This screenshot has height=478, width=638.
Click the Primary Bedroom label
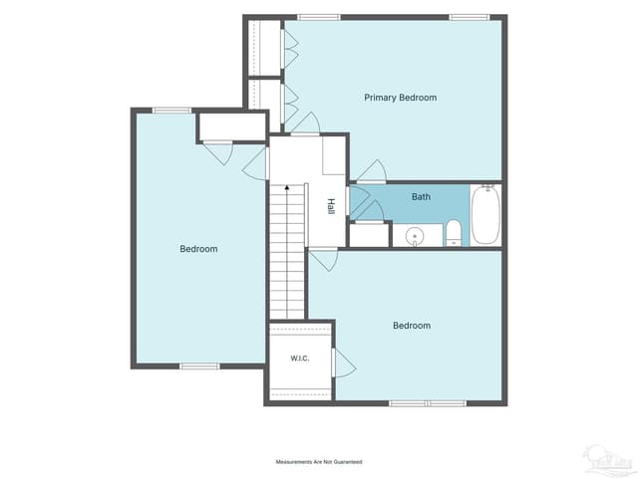tap(401, 98)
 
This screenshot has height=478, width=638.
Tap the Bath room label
tap(421, 197)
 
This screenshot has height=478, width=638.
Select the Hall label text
tap(331, 206)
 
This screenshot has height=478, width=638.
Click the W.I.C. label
tap(300, 358)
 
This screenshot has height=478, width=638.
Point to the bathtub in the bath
tap(485, 215)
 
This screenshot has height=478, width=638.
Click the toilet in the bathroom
tap(454, 233)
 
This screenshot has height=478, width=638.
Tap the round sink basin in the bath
tap(415, 236)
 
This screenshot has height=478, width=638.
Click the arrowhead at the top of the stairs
tap(287, 187)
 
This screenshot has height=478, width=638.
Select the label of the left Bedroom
tap(198, 249)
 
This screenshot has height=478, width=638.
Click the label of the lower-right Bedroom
tap(412, 326)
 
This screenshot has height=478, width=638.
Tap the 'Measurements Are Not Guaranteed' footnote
tap(319, 462)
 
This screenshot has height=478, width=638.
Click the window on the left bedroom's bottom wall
tap(199, 366)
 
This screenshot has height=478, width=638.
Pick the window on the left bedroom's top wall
tap(171, 111)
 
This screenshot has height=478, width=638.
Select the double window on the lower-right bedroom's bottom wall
tap(428, 403)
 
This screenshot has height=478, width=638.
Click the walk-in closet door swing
tap(343, 362)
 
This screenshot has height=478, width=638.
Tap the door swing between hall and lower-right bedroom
tap(323, 259)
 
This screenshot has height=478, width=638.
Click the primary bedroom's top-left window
tap(319, 17)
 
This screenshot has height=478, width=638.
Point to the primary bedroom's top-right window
tap(470, 17)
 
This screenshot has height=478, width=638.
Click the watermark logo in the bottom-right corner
tap(607, 462)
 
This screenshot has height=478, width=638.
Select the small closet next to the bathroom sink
tap(370, 235)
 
